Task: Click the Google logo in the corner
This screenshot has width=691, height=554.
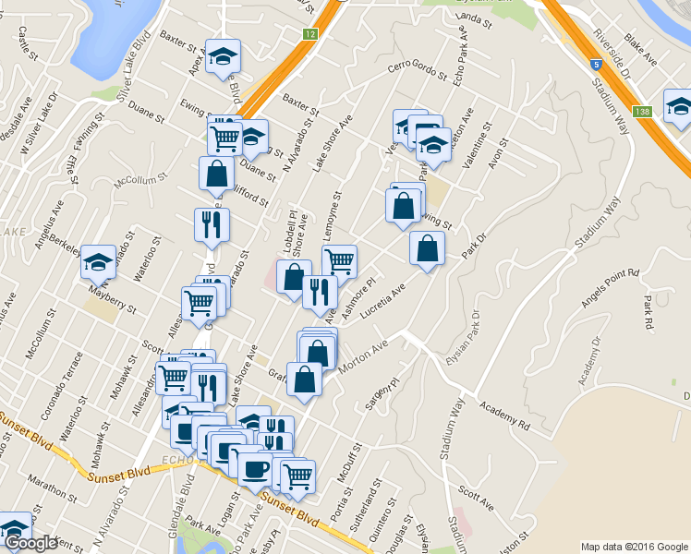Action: coord(31,543)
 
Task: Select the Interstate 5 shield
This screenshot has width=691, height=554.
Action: coord(598,65)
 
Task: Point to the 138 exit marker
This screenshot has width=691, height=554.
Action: coord(643,112)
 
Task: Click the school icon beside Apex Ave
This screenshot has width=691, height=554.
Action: coord(223,59)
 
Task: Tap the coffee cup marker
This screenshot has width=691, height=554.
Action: coord(255,468)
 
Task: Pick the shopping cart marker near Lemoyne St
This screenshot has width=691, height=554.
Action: coord(340,262)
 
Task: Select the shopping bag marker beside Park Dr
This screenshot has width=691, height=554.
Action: coord(427,248)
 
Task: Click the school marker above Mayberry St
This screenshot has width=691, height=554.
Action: coord(96,265)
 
